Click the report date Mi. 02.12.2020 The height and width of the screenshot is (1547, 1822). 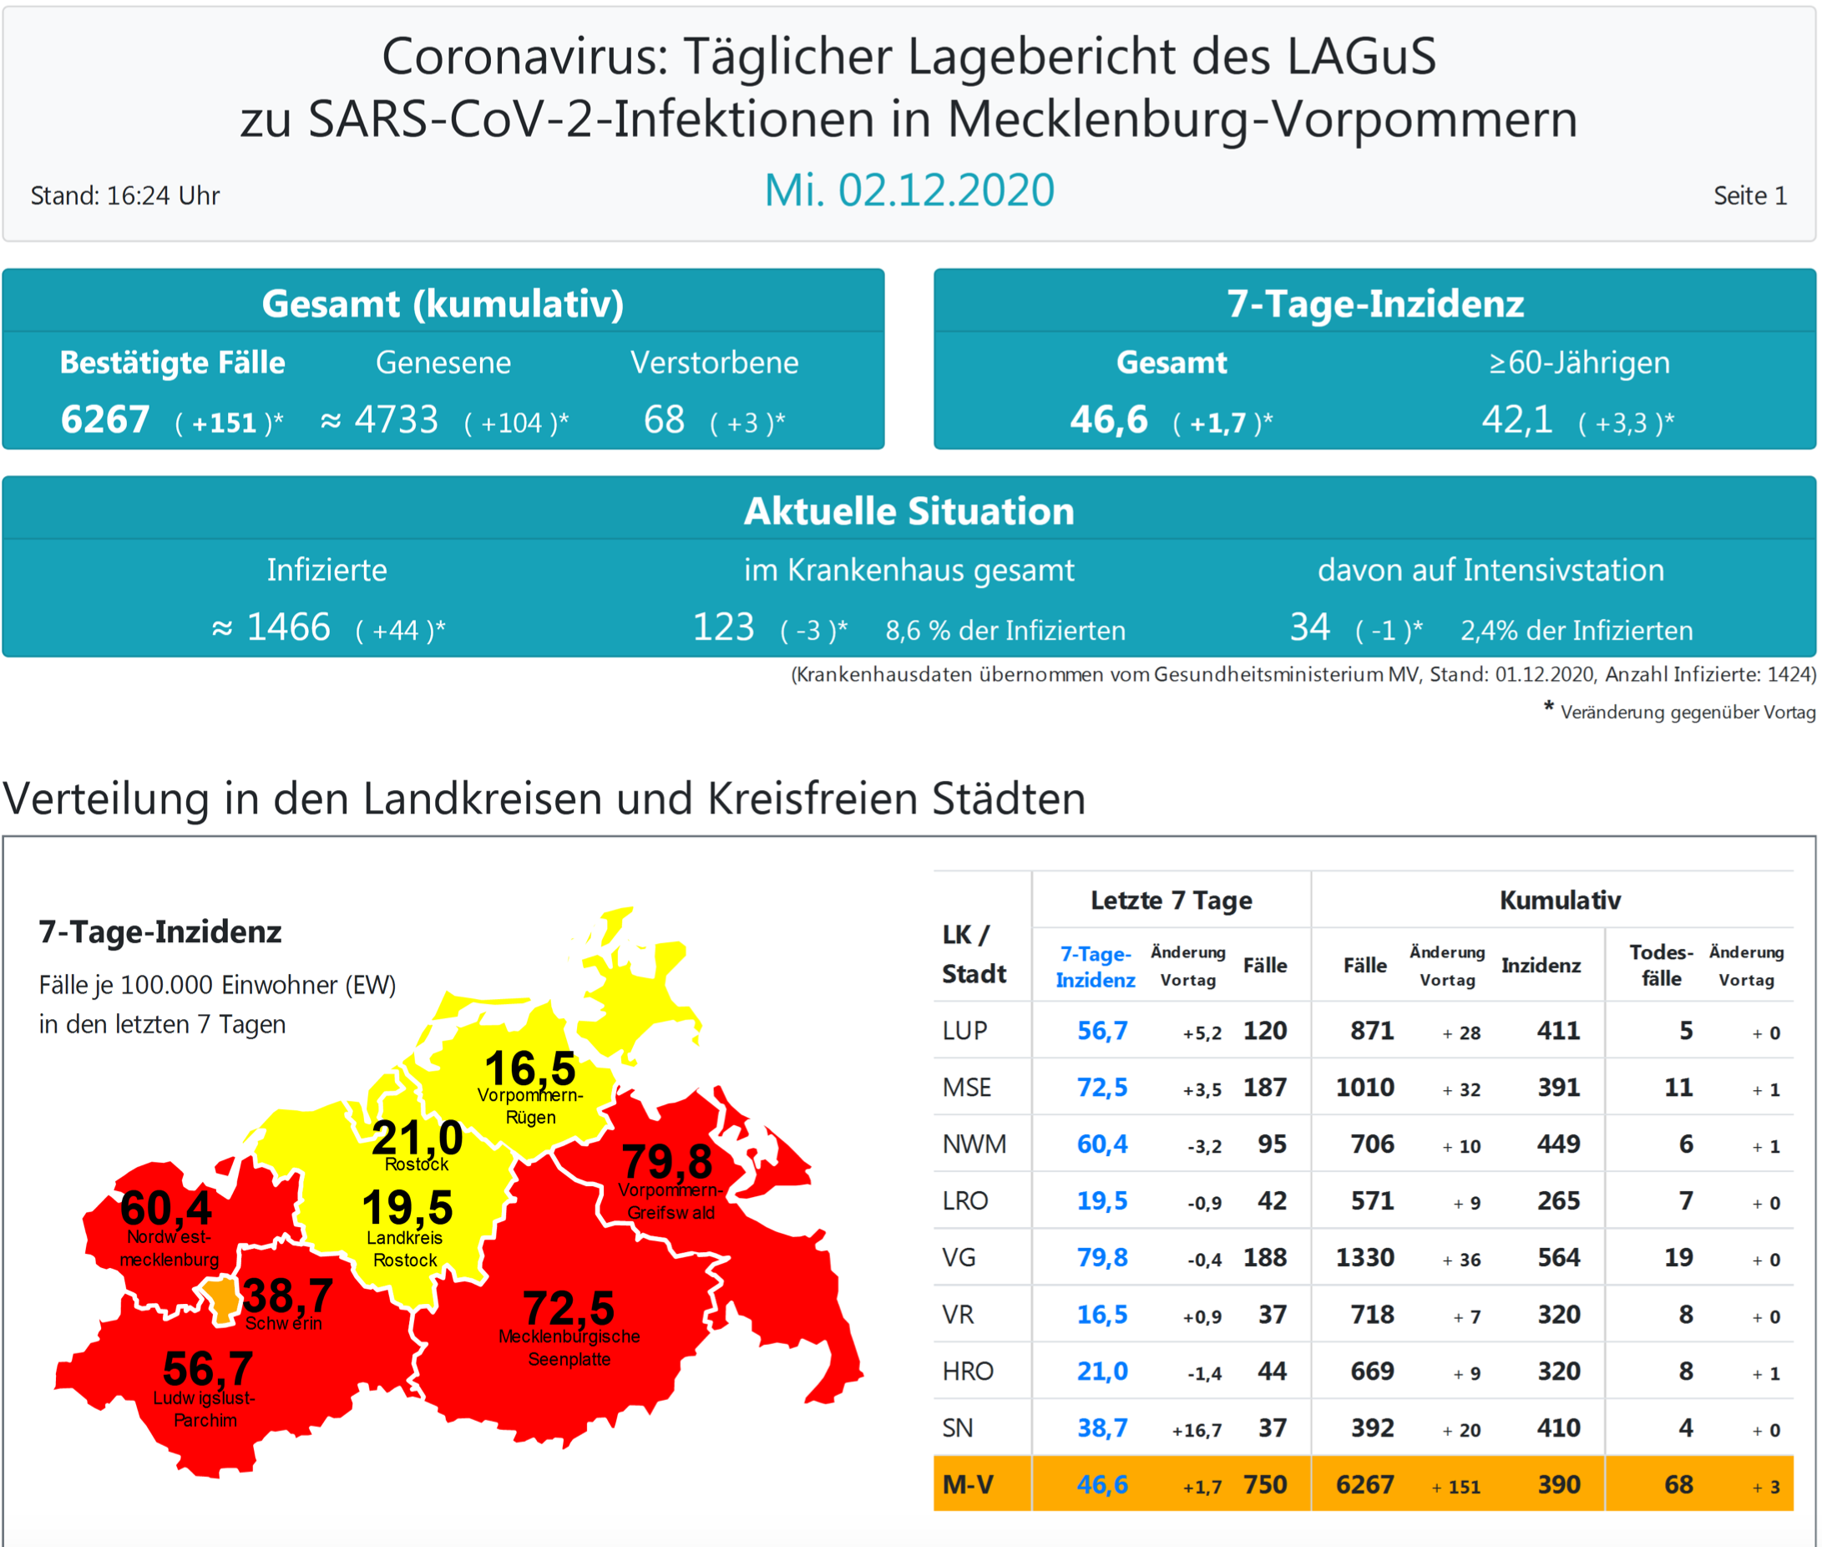(x=908, y=190)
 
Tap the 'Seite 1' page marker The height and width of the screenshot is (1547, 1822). (x=1749, y=195)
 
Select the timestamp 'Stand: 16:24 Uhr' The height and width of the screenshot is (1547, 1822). (x=124, y=195)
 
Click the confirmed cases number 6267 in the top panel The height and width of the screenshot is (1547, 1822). (x=104, y=420)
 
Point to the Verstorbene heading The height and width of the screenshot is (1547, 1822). (x=714, y=363)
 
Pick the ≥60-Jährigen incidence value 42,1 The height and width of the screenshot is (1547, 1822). (x=1516, y=420)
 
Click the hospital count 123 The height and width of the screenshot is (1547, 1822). (x=723, y=628)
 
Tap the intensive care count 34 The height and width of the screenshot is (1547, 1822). (x=1309, y=628)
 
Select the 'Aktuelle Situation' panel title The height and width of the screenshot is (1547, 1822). (x=908, y=511)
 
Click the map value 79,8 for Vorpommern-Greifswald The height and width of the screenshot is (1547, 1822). (x=667, y=1162)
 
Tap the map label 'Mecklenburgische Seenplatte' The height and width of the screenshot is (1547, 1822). (x=569, y=1348)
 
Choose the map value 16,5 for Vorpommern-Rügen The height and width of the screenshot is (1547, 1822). (x=529, y=1069)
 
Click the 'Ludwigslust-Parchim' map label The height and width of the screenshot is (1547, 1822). (x=205, y=1409)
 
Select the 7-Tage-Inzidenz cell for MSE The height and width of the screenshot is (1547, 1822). (x=1101, y=1088)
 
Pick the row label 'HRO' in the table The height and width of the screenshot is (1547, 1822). (x=967, y=1372)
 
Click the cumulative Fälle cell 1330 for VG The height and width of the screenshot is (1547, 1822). (x=1364, y=1258)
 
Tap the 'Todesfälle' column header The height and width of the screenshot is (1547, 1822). (x=1661, y=965)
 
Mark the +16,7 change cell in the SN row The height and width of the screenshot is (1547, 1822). (x=1196, y=1430)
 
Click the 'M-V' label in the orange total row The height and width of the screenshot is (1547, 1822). (x=967, y=1484)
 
